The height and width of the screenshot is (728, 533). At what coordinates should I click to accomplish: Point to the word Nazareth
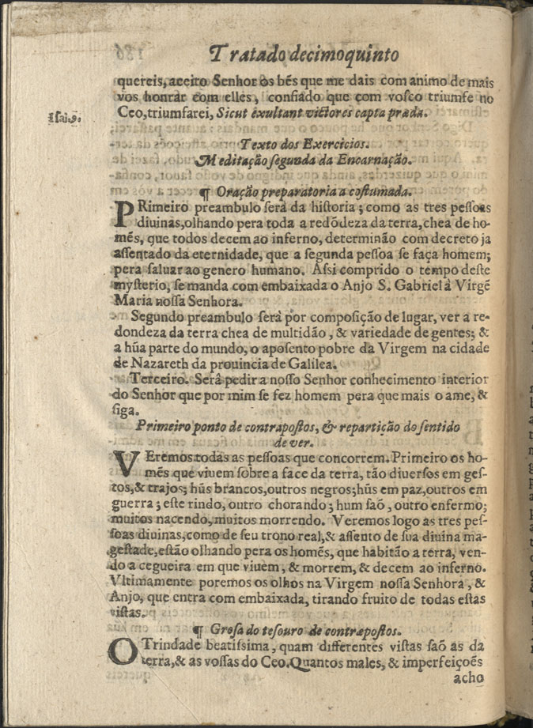click(x=157, y=364)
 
